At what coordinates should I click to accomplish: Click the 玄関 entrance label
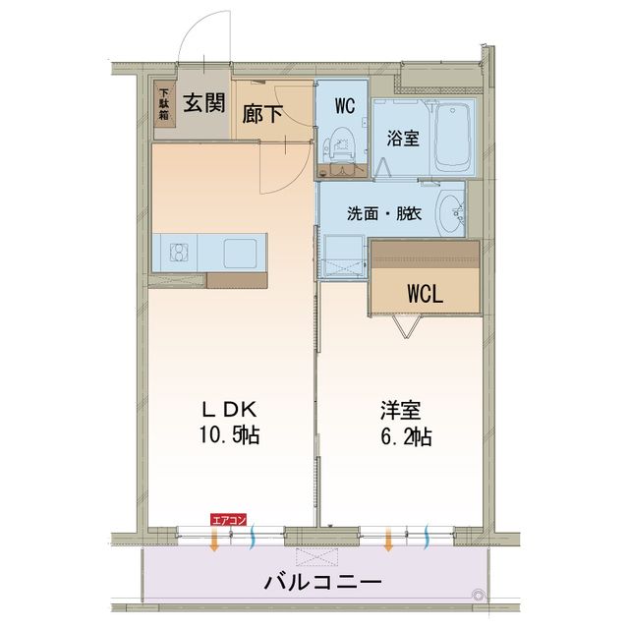click(x=203, y=100)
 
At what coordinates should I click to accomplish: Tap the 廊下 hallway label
click(x=263, y=112)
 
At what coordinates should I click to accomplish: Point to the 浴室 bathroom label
click(x=403, y=139)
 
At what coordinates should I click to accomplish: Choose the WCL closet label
click(x=427, y=294)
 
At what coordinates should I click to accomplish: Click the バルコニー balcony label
click(x=322, y=581)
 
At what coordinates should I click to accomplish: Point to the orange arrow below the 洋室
click(x=390, y=540)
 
